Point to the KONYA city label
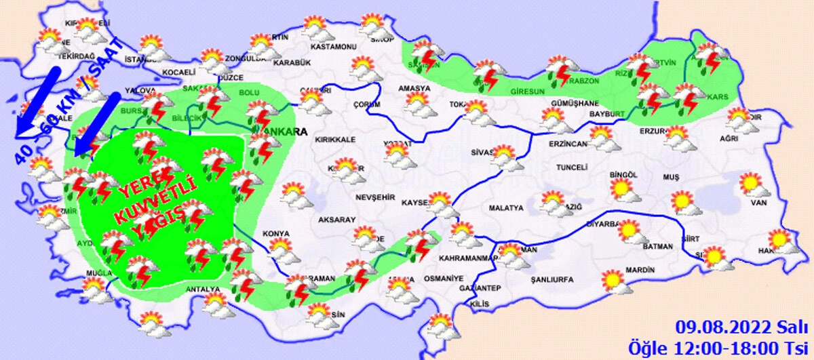[x=275, y=235]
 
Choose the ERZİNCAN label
[x=568, y=144]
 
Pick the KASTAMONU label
[x=333, y=47]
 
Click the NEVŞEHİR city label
[x=375, y=197]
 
